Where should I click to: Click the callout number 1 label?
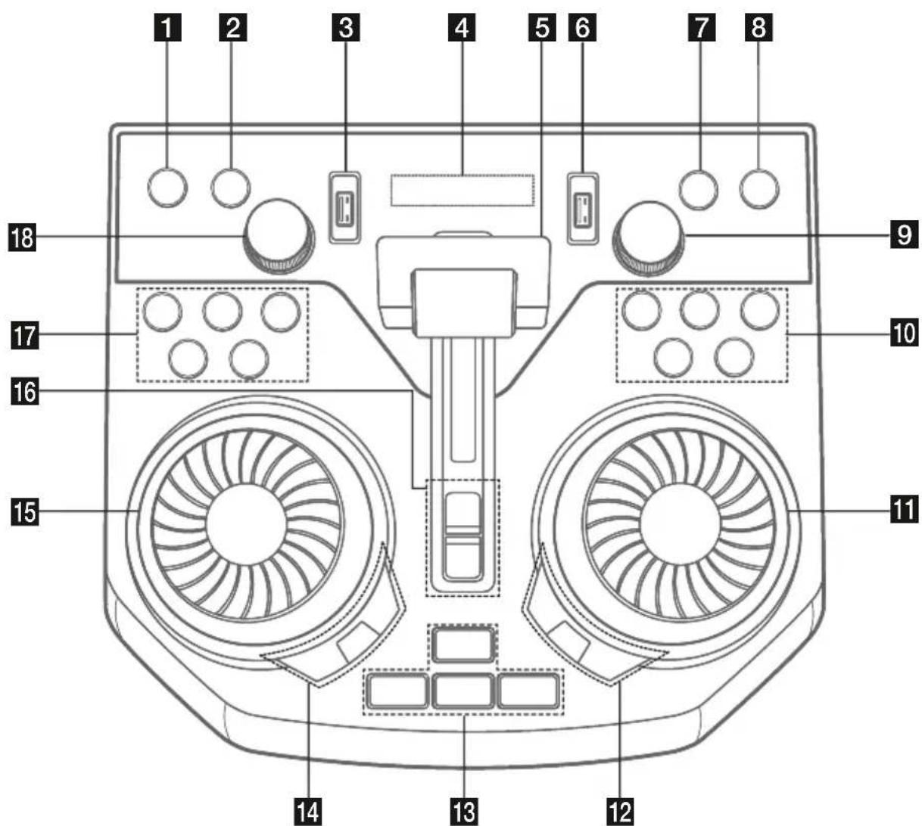(x=167, y=27)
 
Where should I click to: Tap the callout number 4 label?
(x=462, y=27)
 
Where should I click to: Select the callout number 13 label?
(x=464, y=812)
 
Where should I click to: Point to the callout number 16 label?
(x=25, y=391)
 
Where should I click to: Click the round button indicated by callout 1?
(x=167, y=188)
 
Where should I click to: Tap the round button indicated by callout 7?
(x=698, y=189)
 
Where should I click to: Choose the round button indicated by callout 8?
(x=759, y=189)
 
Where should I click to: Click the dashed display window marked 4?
(x=462, y=190)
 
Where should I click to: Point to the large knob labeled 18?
(x=279, y=235)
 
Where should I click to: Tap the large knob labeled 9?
(x=648, y=238)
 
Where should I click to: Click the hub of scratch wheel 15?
(x=246, y=524)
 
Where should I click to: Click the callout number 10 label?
(x=905, y=333)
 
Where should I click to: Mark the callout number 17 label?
(x=25, y=335)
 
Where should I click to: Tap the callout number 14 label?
(x=308, y=812)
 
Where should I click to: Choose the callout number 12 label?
(x=620, y=812)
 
